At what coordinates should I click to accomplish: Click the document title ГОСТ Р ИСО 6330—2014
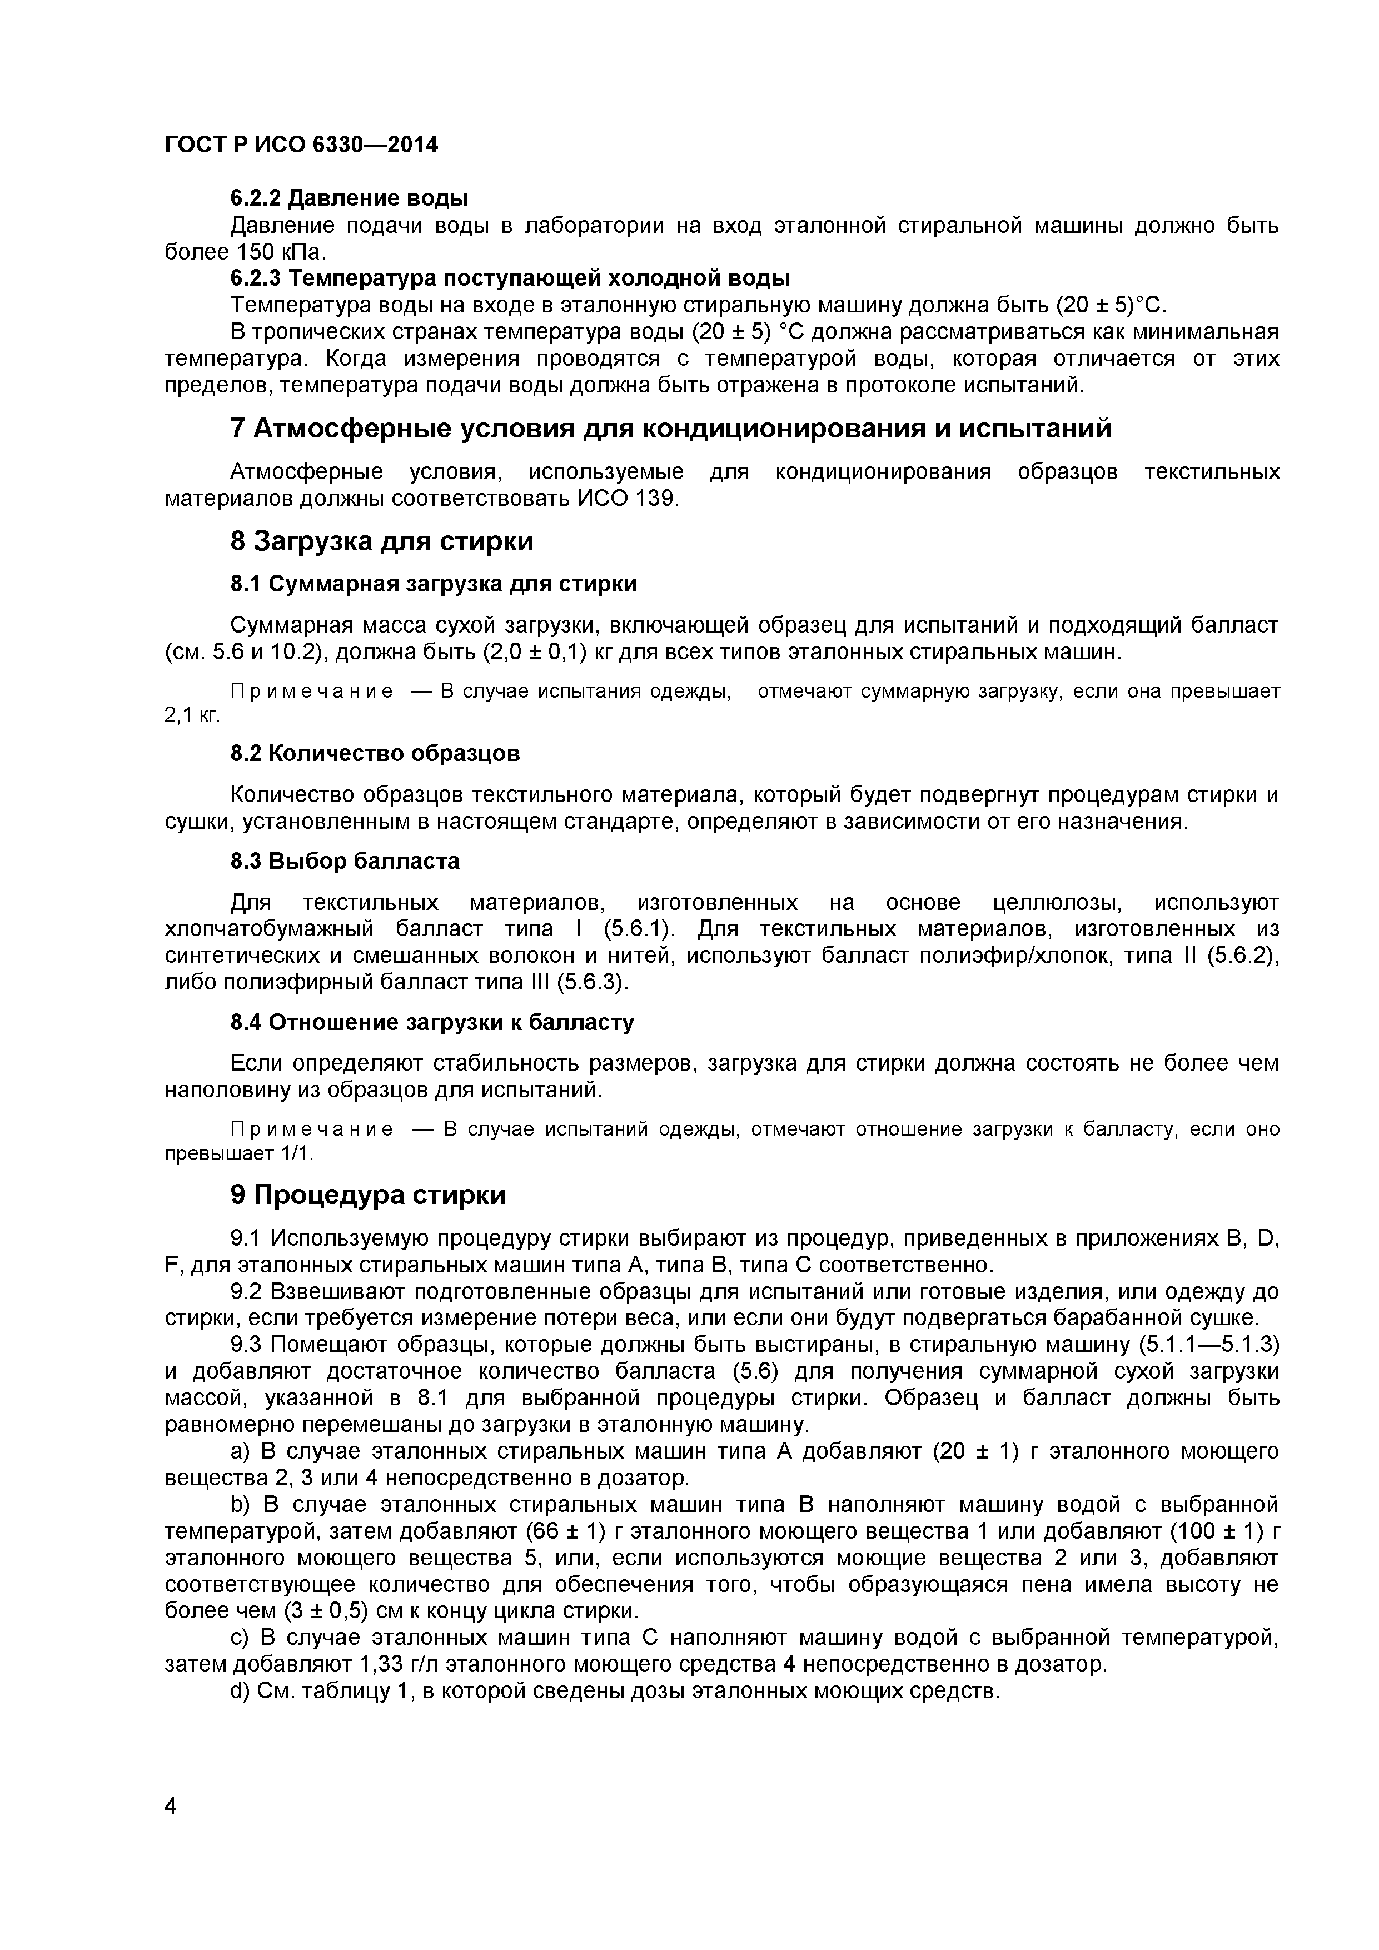coord(301,145)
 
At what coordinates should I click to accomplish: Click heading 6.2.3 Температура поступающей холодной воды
coord(510,278)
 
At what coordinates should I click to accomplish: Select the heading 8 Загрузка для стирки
coord(381,541)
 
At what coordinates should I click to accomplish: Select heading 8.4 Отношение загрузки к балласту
coord(432,1023)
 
